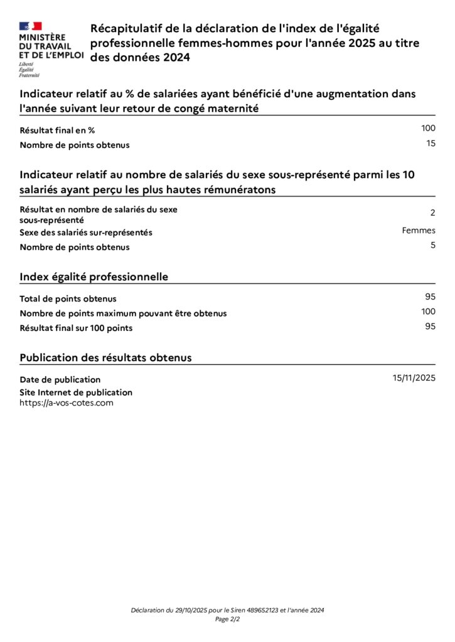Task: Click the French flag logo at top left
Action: click(x=30, y=26)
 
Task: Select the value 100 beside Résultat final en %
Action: click(x=428, y=128)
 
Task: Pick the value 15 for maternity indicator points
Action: click(x=431, y=144)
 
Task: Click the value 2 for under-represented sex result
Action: click(x=432, y=213)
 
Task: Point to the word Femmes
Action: click(x=419, y=230)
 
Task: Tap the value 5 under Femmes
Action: click(x=432, y=245)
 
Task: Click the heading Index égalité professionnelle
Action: click(x=94, y=276)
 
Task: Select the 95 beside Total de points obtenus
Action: click(x=430, y=297)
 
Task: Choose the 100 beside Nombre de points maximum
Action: click(x=428, y=312)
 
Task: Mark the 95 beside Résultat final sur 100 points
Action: click(x=430, y=326)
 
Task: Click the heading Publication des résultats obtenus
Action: click(x=105, y=357)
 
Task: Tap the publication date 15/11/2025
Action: click(x=414, y=377)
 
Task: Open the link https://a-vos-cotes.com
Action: click(x=67, y=403)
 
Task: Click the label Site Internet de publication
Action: click(x=76, y=392)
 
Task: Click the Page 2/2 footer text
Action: click(x=227, y=619)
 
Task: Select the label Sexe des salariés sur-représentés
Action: click(x=86, y=233)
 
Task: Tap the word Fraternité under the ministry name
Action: click(x=29, y=75)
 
